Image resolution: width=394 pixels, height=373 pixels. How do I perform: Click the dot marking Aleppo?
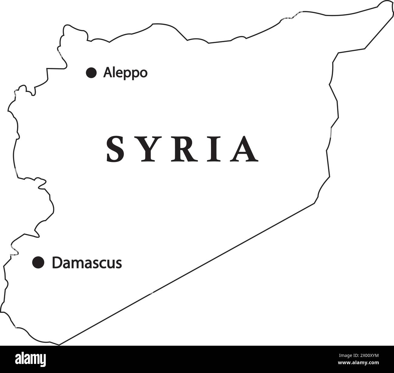[91, 73]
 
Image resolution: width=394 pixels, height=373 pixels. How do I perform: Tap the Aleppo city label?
[125, 73]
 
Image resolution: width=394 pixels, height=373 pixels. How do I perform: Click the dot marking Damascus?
[38, 262]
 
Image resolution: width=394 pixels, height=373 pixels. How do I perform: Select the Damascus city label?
[87, 263]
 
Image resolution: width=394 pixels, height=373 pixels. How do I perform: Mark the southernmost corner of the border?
[59, 344]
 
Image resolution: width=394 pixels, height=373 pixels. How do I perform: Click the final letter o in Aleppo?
[143, 74]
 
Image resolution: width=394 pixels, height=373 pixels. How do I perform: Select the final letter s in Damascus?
[119, 264]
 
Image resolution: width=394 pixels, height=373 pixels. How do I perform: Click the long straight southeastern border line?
[188, 273]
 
